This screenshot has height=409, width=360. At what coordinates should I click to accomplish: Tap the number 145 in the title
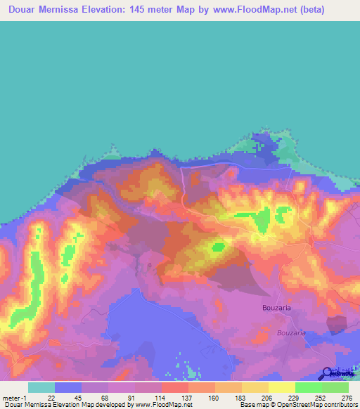[169, 11]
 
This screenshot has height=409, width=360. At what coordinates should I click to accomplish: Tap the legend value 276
[347, 397]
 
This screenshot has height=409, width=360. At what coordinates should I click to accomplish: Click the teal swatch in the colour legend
[41, 387]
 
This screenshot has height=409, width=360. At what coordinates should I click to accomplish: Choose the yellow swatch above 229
[281, 387]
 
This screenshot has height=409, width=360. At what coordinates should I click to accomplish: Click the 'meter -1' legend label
[15, 397]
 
